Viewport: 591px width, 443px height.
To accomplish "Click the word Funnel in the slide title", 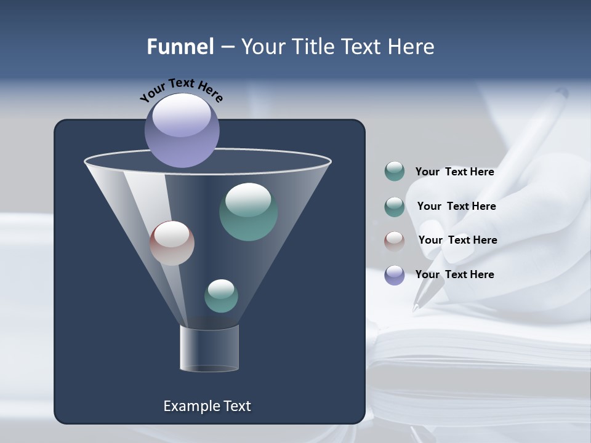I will tap(180, 47).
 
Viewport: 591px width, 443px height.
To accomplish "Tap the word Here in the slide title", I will tap(411, 47).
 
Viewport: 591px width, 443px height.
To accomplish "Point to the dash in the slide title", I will tap(227, 47).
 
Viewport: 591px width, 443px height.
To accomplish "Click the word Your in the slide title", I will tap(260, 47).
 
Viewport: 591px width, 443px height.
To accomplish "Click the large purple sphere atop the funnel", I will tap(182, 130).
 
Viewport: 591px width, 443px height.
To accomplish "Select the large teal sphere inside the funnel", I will tap(248, 212).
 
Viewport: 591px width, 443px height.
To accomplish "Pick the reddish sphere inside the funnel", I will tap(172, 243).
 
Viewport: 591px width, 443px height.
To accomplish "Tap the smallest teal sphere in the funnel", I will tap(221, 296).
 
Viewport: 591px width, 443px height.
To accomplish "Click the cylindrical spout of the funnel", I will tap(209, 349).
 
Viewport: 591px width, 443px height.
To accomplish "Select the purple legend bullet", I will tap(394, 275).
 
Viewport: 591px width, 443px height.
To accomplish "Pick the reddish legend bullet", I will tap(394, 241).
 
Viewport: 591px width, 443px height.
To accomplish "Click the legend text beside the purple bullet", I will tap(454, 274).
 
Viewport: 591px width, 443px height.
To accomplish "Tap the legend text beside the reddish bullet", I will tap(457, 240).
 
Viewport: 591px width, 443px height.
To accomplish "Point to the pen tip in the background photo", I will tap(416, 308).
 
